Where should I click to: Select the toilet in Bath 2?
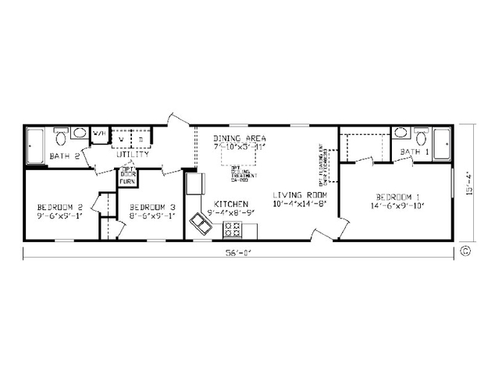[61, 137]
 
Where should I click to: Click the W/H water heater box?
[99, 135]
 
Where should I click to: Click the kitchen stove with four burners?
[233, 229]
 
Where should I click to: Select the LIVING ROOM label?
[299, 194]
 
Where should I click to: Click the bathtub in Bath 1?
[443, 144]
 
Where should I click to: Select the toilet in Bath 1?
[421, 138]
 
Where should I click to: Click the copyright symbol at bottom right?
[465, 251]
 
